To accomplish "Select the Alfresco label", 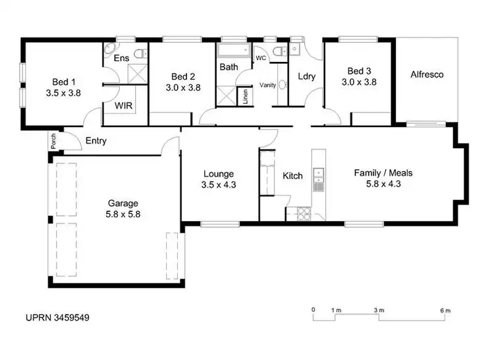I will coord(427,74).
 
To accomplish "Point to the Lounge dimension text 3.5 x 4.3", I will coord(219,185).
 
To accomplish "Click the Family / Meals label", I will coord(383,173).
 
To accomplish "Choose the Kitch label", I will coord(292,176).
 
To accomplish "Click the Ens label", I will coord(121,59).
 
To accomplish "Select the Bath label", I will coord(229,66).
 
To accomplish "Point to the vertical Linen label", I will coord(245,97).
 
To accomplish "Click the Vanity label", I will coord(267,85).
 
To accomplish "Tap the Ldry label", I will coord(306,76).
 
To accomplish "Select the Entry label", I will coord(96,141).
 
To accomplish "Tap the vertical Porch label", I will coord(53,141).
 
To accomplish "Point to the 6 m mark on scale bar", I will coord(445,310).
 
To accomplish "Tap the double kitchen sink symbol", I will coord(318,175).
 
